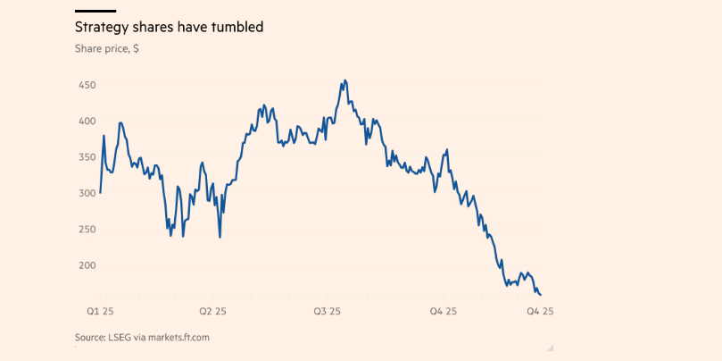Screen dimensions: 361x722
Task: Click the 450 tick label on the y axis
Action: (x=87, y=85)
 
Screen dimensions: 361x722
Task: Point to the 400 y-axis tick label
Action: (x=87, y=121)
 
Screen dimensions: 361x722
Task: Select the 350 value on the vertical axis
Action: (x=87, y=157)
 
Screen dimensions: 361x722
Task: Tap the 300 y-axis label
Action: (x=87, y=193)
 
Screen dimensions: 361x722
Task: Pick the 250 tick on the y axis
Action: (x=87, y=230)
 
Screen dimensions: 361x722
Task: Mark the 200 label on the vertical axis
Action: (x=87, y=265)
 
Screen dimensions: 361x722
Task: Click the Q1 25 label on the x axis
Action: (x=99, y=311)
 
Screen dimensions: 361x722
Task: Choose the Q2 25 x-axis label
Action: (x=212, y=311)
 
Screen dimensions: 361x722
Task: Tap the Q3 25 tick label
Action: (x=328, y=311)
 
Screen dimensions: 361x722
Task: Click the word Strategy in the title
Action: (x=101, y=28)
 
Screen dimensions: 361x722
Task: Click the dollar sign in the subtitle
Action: (x=136, y=49)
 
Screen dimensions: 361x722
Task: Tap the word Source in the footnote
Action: (x=90, y=337)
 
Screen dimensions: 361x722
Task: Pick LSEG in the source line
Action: (x=120, y=337)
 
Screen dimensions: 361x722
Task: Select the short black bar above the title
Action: (x=95, y=11)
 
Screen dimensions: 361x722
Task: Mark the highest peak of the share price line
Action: (x=344, y=80)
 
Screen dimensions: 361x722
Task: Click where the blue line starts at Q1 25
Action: (x=100, y=192)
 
